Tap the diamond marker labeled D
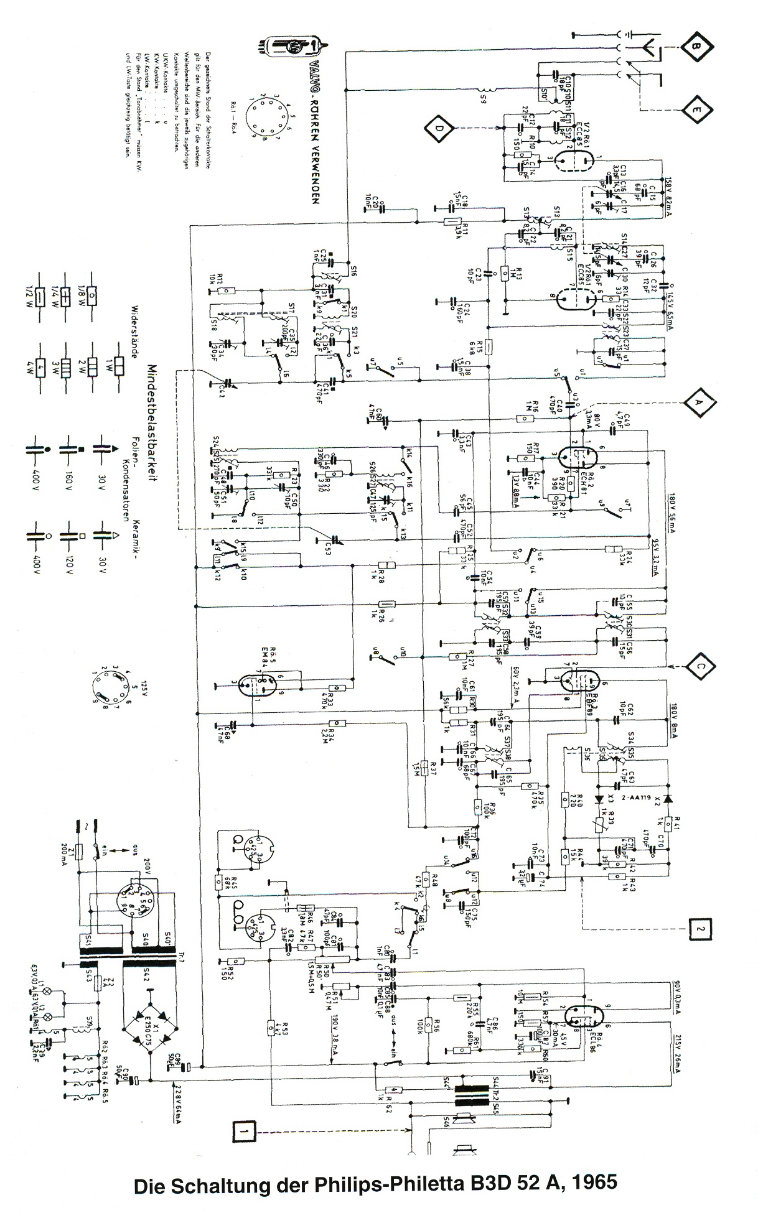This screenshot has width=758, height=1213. point(440,129)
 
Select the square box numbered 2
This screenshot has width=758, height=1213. point(700,929)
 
